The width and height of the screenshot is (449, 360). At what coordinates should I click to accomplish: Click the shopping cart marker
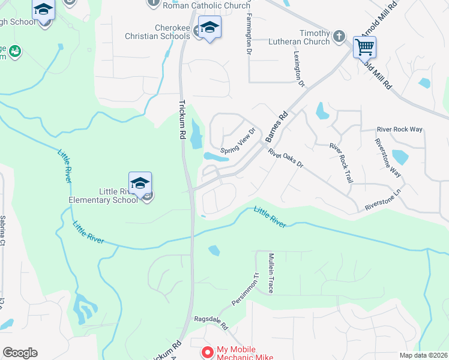coord(364,46)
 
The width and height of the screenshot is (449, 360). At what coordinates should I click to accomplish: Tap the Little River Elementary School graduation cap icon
coord(140,183)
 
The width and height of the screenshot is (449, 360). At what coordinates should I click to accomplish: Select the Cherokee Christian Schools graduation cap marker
coord(209,27)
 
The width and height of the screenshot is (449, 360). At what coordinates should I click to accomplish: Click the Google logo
coord(20,353)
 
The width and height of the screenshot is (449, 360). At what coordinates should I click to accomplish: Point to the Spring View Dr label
coord(238,141)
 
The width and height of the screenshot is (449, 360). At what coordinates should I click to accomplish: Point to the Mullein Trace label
coord(270,273)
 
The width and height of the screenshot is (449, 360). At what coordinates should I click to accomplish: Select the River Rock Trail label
coord(340,162)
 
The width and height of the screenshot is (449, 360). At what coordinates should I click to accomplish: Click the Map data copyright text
coord(423,355)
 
